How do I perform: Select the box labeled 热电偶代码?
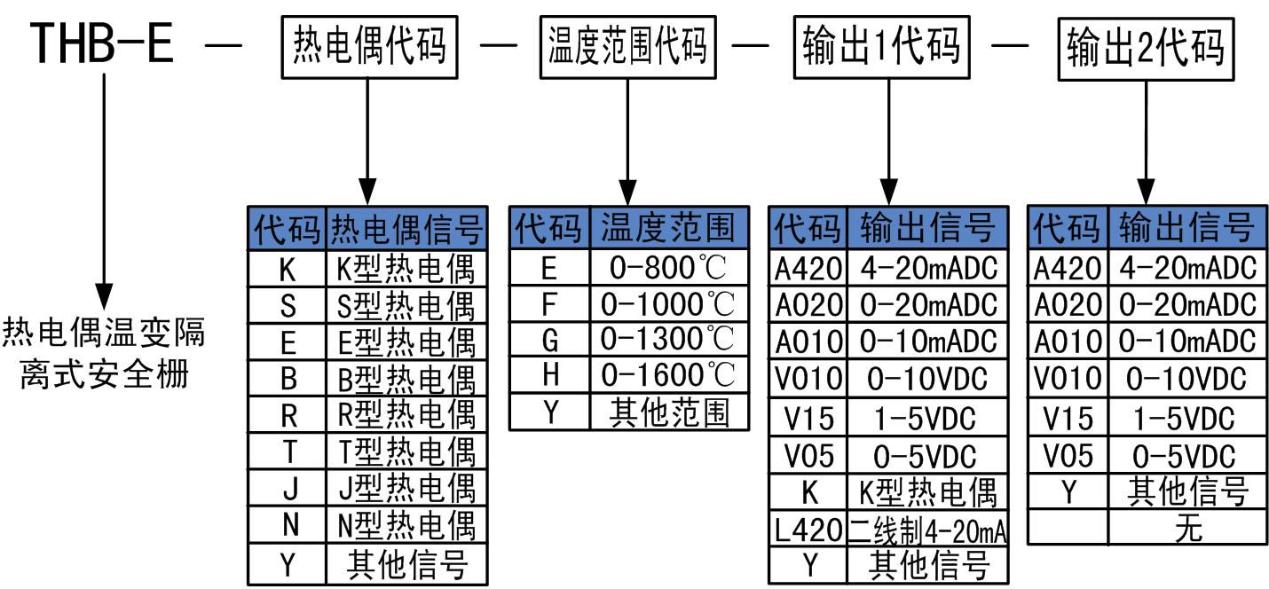(369, 46)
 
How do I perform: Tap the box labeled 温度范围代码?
(627, 46)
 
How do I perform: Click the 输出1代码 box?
(880, 44)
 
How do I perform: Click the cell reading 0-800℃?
(669, 267)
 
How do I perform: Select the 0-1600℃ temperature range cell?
(669, 375)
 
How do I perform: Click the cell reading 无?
(1187, 529)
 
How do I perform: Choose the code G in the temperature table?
(549, 340)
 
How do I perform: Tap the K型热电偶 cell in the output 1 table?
(927, 491)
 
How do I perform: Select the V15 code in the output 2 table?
(1068, 417)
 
